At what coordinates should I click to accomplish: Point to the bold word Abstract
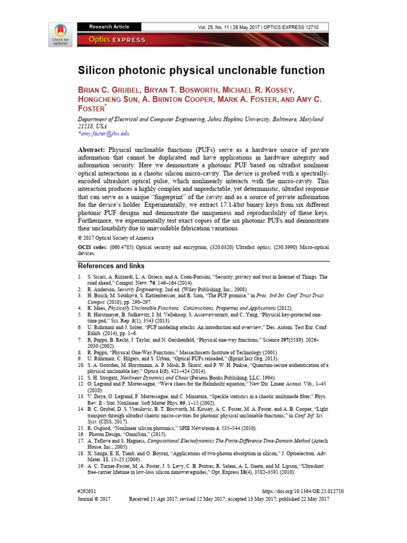click(x=92, y=150)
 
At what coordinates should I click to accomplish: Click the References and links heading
click(x=111, y=266)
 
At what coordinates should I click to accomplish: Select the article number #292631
click(x=90, y=492)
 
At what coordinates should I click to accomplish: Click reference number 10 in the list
click(x=81, y=365)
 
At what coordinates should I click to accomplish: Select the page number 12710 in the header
click(x=317, y=27)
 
